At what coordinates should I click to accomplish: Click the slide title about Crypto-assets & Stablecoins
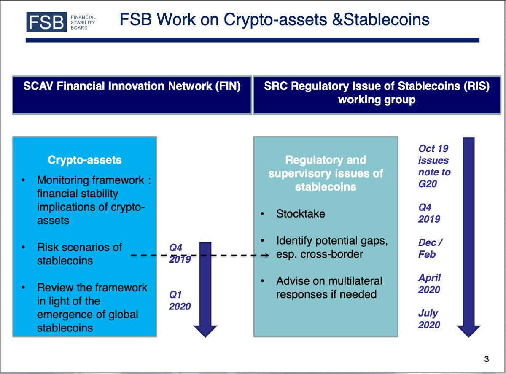(x=275, y=19)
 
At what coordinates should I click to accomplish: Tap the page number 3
(x=486, y=359)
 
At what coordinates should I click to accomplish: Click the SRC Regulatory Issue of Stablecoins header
(x=377, y=94)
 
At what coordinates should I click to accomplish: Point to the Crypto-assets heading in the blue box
(x=85, y=160)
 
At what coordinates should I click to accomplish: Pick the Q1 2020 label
(x=180, y=300)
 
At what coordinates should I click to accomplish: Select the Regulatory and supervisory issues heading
(x=326, y=173)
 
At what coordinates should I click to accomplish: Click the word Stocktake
(x=301, y=214)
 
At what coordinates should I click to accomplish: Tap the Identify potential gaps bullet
(x=331, y=248)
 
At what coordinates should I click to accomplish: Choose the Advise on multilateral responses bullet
(x=329, y=287)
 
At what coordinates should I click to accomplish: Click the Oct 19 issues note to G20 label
(x=434, y=166)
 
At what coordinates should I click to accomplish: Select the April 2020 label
(x=429, y=284)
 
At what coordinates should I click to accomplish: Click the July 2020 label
(x=429, y=319)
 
